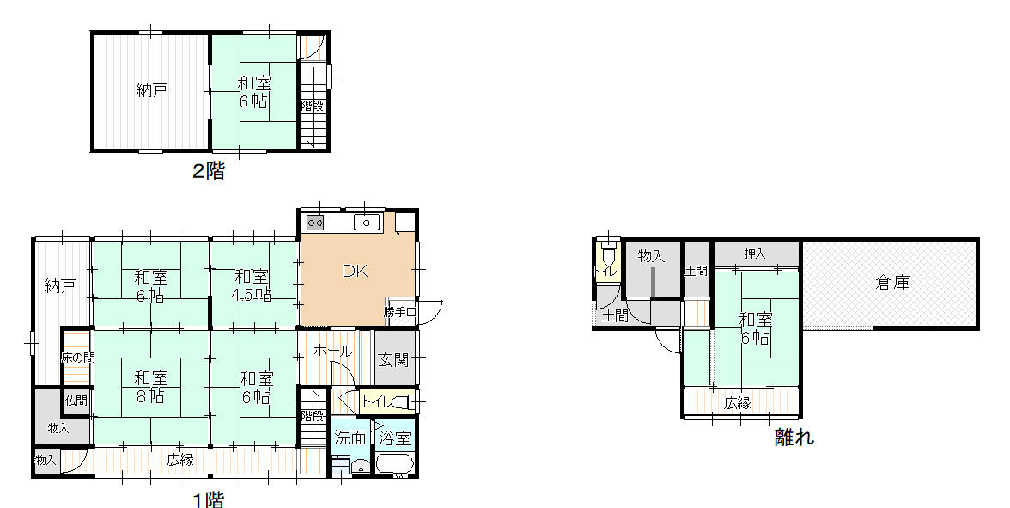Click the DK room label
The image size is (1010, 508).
coord(354,272)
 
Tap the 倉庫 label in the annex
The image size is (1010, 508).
coord(893,282)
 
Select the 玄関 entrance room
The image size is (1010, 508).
coord(394,358)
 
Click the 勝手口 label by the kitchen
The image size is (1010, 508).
coord(400,312)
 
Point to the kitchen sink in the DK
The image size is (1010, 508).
coord(368,223)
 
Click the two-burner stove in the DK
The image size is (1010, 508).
coord(315,223)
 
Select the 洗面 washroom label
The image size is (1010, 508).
coord(350,438)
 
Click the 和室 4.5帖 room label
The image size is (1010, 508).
coord(251,285)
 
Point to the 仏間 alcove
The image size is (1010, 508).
coord(76,401)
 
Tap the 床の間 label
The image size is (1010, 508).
coord(77,358)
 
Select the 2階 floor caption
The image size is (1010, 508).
coord(209,171)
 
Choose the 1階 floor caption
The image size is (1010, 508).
coord(209,499)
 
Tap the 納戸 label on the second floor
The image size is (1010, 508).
coord(152,90)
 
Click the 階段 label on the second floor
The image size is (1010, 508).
coord(313,106)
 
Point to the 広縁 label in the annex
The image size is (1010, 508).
coord(738,404)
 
